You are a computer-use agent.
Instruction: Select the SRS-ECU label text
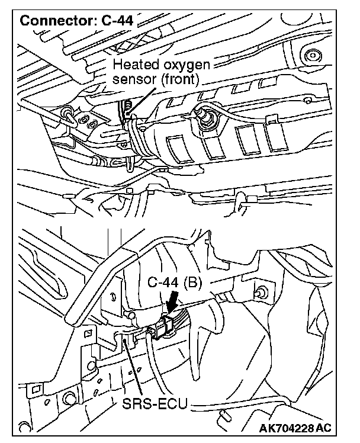click(x=155, y=405)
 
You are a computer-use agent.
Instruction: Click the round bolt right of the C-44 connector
click(x=259, y=291)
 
